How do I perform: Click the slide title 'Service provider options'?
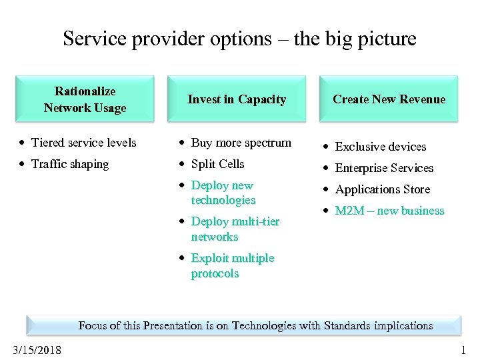[239, 39]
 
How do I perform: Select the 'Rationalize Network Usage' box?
[85, 99]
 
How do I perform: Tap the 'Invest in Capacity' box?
[237, 99]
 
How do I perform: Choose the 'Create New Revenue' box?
[389, 99]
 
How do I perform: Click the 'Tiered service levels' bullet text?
[83, 143]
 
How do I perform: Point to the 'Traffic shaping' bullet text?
[69, 164]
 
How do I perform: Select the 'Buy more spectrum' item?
[241, 143]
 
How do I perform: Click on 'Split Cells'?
[217, 164]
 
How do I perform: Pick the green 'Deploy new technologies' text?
[223, 193]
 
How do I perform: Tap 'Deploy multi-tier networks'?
[235, 229]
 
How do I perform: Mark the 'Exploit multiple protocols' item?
[232, 265]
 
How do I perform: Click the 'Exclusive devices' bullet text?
[380, 147]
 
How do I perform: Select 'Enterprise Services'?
[384, 168]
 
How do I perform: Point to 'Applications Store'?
[382, 189]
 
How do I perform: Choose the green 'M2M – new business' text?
[389, 211]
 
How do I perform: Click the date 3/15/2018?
[37, 351]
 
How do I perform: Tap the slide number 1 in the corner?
[463, 351]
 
